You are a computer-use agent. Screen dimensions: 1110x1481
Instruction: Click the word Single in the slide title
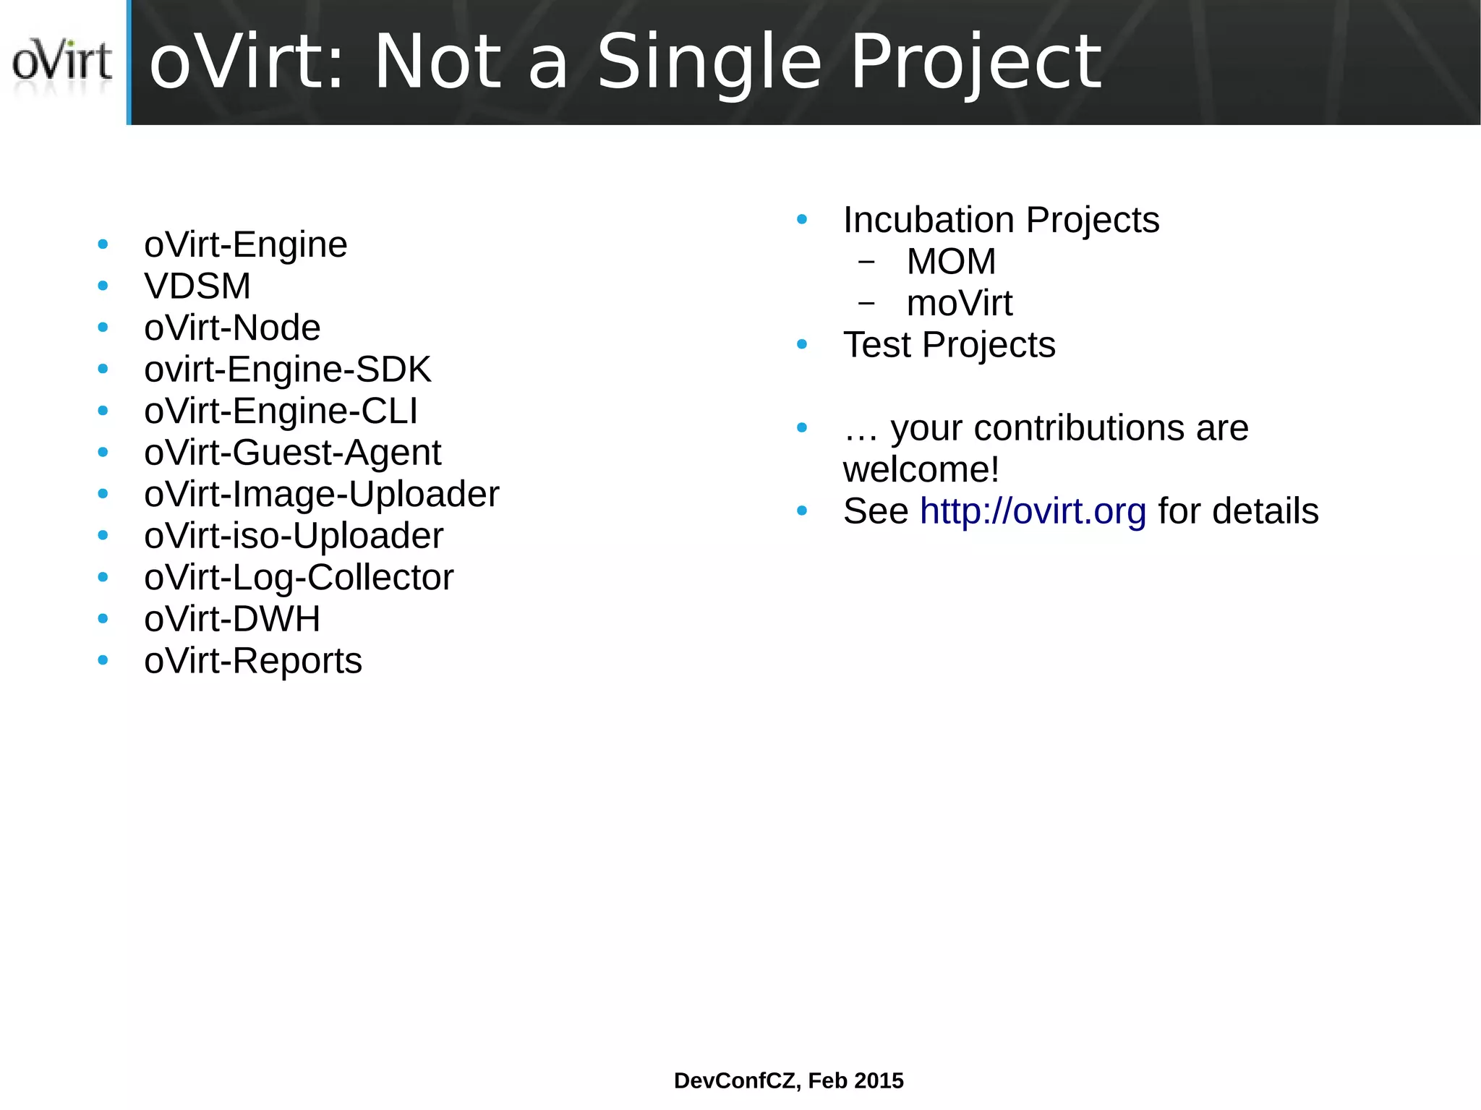pos(709,64)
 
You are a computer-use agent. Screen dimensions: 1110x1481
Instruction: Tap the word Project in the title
pos(976,64)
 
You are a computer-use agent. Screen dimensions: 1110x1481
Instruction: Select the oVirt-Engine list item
pos(246,244)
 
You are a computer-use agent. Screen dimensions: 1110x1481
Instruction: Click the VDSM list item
pos(197,286)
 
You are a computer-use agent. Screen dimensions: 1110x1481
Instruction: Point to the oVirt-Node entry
pos(232,328)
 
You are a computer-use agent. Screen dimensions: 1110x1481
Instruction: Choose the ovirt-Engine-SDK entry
pos(287,370)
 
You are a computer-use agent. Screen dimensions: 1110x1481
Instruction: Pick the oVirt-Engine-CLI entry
pos(281,411)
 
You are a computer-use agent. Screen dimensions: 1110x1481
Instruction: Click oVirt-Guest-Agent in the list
pos(292,453)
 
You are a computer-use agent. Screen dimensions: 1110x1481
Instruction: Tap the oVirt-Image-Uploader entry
pos(321,495)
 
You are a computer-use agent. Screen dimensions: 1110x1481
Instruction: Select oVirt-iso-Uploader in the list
pos(294,536)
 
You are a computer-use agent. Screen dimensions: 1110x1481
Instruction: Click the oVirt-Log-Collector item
pos(299,578)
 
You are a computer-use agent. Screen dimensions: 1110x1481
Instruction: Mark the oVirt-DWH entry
pos(232,619)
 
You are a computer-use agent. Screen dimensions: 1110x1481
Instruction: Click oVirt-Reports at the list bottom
pos(253,661)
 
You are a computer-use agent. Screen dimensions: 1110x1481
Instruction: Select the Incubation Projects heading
pos(1001,220)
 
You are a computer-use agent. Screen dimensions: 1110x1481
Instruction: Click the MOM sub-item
pos(951,262)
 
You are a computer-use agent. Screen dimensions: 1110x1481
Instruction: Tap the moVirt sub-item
pos(959,303)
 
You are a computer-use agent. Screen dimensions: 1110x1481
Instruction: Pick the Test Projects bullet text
pos(949,345)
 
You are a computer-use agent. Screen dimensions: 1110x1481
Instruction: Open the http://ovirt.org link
pos(1033,511)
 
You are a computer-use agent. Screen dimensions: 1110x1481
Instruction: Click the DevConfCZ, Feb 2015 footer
pos(788,1080)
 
